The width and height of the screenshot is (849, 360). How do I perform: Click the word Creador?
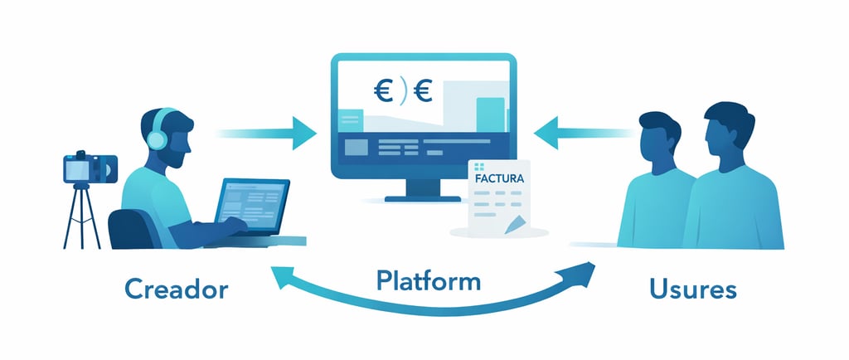[177, 290]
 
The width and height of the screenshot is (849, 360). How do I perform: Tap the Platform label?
[428, 280]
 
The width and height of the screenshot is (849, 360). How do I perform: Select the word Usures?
[693, 290]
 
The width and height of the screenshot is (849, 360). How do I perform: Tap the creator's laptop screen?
[254, 200]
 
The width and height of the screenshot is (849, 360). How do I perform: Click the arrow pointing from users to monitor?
[581, 130]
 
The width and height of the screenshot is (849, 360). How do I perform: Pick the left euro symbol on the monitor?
[383, 90]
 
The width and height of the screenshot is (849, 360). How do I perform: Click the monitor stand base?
[423, 197]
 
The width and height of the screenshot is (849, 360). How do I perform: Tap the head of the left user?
[660, 137]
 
